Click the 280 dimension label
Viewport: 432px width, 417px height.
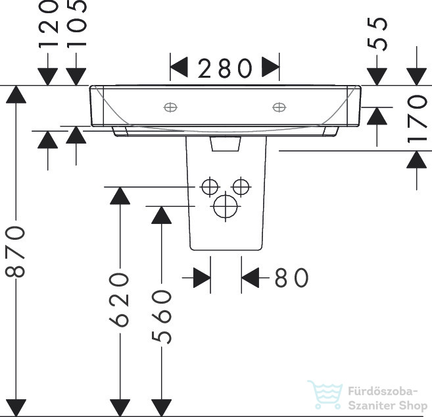click(225, 68)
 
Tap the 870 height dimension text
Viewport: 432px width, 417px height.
click(15, 252)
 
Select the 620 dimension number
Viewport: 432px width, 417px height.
click(119, 300)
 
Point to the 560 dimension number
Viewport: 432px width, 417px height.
click(162, 317)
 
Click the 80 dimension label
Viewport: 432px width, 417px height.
click(291, 277)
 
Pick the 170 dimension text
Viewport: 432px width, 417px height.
click(417, 119)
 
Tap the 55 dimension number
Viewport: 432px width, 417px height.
click(377, 34)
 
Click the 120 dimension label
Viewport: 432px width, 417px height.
click(49, 24)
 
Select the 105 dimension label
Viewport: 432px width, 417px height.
click(77, 24)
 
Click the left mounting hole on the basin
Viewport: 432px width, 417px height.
click(170, 107)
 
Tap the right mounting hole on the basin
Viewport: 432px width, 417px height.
click(279, 107)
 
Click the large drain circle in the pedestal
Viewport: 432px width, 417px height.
click(226, 206)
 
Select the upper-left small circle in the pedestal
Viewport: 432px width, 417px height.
click(210, 187)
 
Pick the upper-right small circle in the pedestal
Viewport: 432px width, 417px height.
click(241, 187)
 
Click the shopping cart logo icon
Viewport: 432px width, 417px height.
click(325, 395)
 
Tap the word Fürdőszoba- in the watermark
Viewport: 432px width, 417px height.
click(383, 391)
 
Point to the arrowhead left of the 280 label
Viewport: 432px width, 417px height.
click(179, 67)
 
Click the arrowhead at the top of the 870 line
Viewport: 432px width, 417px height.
click(16, 94)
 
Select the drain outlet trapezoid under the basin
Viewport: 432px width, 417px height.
click(226, 144)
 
